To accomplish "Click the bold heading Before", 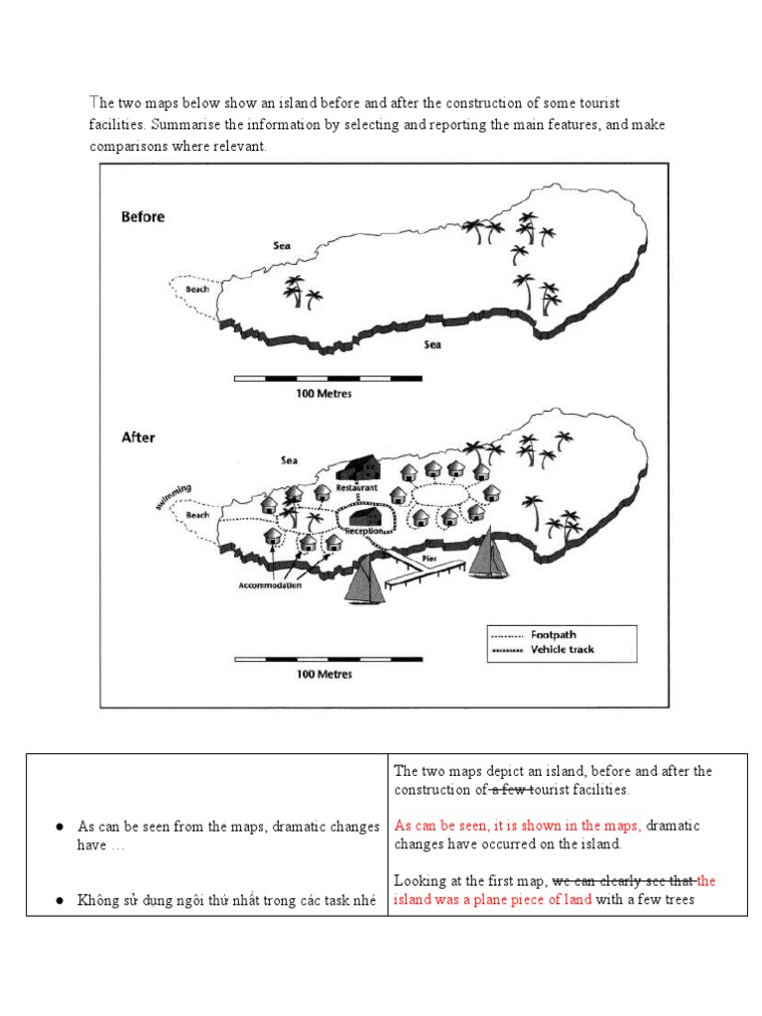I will tap(143, 216).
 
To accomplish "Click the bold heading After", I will tap(138, 437).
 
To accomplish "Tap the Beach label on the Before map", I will tap(197, 290).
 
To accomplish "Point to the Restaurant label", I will tap(354, 488).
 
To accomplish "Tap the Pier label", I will tap(430, 559).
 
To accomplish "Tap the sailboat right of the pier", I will tap(486, 553).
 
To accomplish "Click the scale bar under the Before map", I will tap(327, 378).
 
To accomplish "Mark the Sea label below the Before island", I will tap(433, 344).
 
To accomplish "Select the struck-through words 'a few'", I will tap(512, 790).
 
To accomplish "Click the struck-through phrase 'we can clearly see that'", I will tap(623, 880).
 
